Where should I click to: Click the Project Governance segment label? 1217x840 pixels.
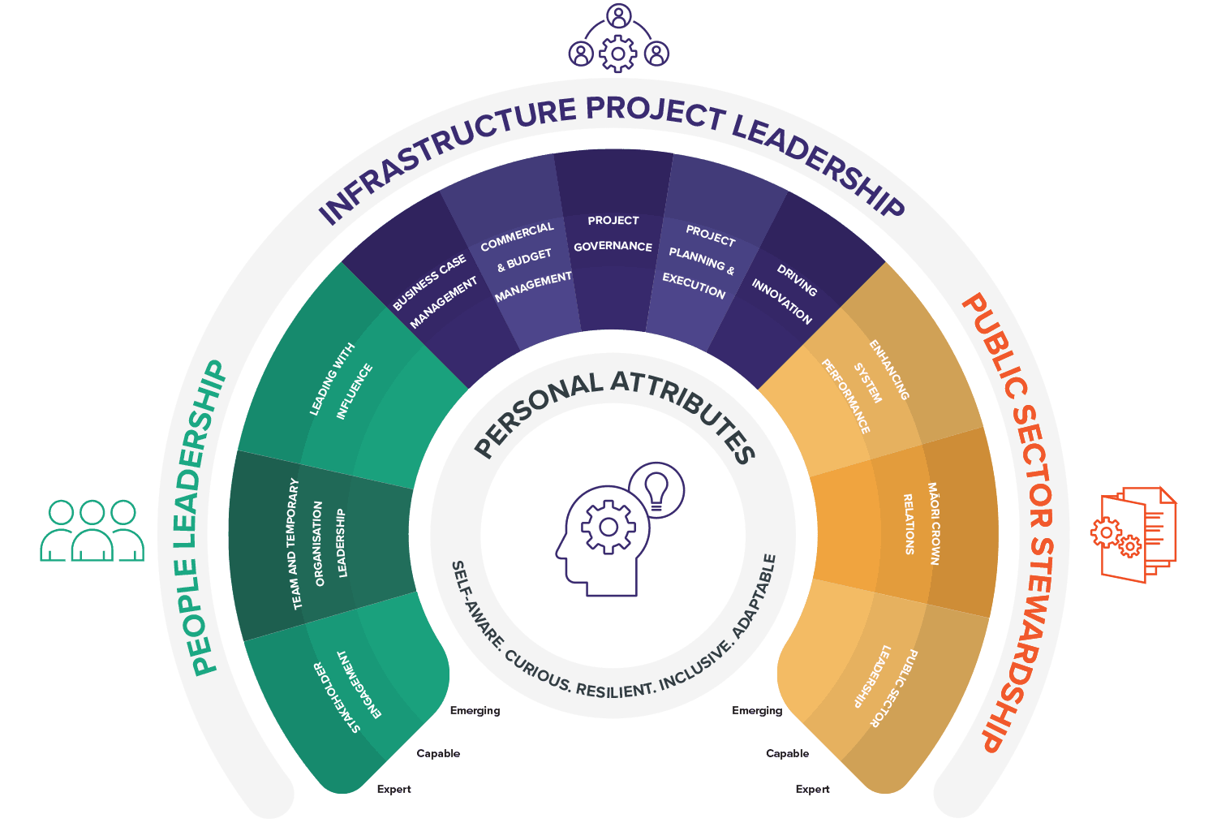(613, 234)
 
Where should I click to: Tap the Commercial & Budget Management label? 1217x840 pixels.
(525, 260)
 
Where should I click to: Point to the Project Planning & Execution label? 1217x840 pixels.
(700, 261)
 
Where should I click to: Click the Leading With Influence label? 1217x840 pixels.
(342, 381)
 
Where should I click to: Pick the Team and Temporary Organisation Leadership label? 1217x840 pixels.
(318, 542)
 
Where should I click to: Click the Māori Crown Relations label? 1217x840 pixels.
(921, 524)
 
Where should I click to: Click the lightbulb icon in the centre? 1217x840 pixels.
(656, 490)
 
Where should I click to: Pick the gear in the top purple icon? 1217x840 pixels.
(618, 54)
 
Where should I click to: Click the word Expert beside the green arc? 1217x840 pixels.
(393, 789)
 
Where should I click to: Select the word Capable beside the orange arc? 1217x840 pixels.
(787, 753)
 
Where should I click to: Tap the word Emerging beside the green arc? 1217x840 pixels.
(475, 710)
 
